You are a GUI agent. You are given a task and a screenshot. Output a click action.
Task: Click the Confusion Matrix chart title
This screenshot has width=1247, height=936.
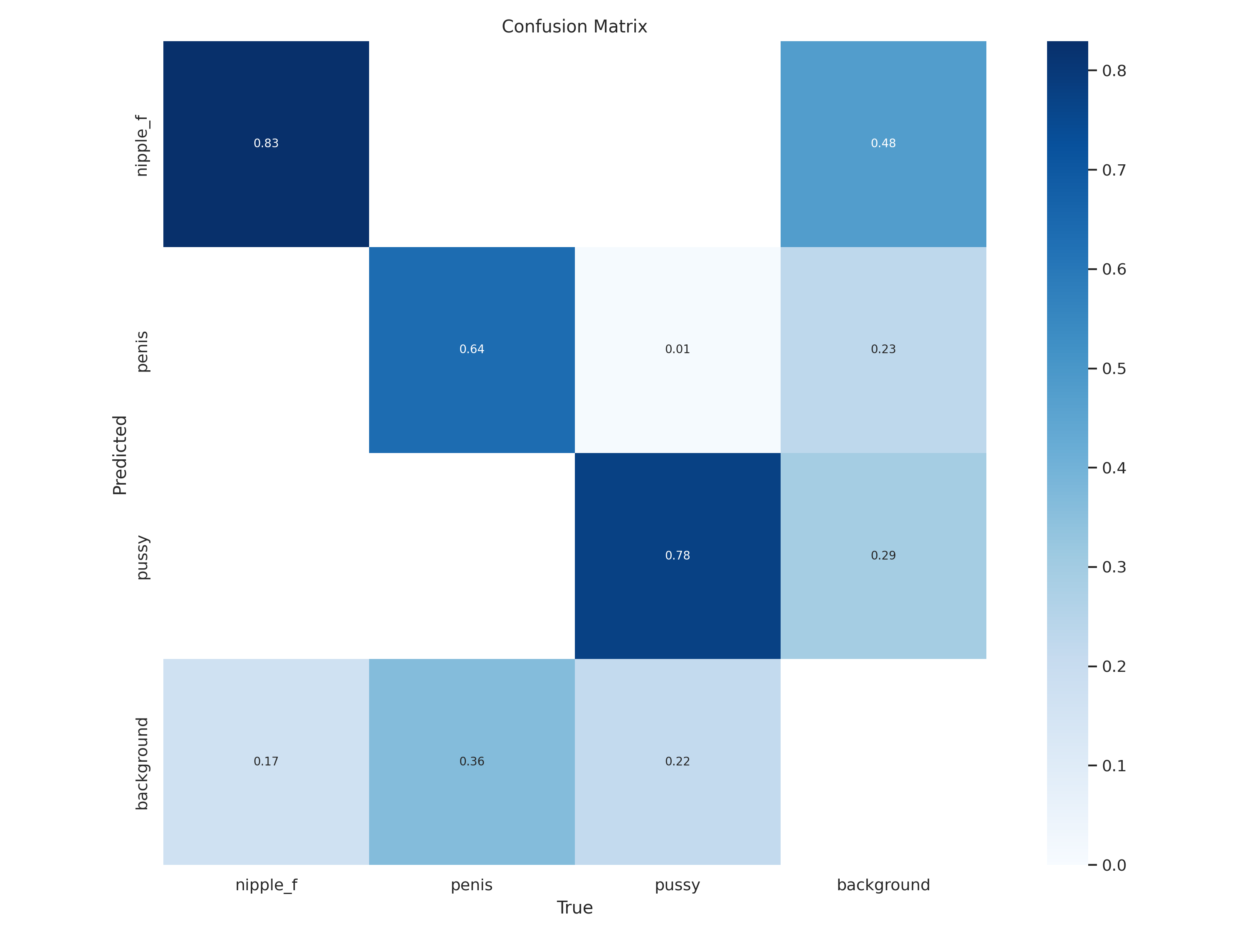[574, 27]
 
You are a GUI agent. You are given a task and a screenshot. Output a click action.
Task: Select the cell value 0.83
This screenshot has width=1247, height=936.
[266, 143]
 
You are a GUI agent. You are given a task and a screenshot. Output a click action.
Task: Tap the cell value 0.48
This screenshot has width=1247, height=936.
[883, 143]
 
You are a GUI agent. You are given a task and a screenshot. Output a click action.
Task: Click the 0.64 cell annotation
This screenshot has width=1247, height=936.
[472, 349]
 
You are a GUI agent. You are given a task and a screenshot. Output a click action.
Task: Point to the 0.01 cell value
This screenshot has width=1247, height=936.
[677, 349]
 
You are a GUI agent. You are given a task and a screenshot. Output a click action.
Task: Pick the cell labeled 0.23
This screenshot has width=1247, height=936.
[883, 349]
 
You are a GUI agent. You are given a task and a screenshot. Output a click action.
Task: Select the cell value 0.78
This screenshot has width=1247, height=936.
[677, 556]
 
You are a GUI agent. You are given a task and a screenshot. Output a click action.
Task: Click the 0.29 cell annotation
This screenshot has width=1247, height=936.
[883, 556]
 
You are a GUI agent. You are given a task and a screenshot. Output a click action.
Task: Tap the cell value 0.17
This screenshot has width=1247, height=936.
[266, 762]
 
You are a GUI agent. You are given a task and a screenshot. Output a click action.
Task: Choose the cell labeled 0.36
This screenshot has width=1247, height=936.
[472, 762]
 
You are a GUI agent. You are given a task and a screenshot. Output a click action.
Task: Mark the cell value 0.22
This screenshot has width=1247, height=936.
[677, 762]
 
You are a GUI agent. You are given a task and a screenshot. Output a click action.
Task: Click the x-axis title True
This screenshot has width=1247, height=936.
[574, 908]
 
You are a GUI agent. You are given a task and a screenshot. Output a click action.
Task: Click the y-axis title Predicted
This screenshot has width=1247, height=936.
[120, 455]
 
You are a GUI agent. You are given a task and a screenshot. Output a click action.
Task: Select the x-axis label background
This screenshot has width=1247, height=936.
[883, 885]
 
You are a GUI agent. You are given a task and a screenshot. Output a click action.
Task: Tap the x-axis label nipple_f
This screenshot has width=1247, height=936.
[266, 885]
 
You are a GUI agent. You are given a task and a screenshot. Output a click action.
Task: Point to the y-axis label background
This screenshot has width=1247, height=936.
[142, 763]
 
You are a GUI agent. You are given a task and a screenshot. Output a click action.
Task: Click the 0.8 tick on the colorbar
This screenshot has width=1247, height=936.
[1114, 71]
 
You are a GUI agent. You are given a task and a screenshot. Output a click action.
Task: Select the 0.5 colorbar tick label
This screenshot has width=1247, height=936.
[1114, 369]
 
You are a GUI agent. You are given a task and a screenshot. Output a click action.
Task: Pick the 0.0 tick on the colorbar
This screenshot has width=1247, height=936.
[1114, 865]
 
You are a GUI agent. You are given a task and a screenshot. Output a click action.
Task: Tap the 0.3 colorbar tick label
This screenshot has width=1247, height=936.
[1114, 567]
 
